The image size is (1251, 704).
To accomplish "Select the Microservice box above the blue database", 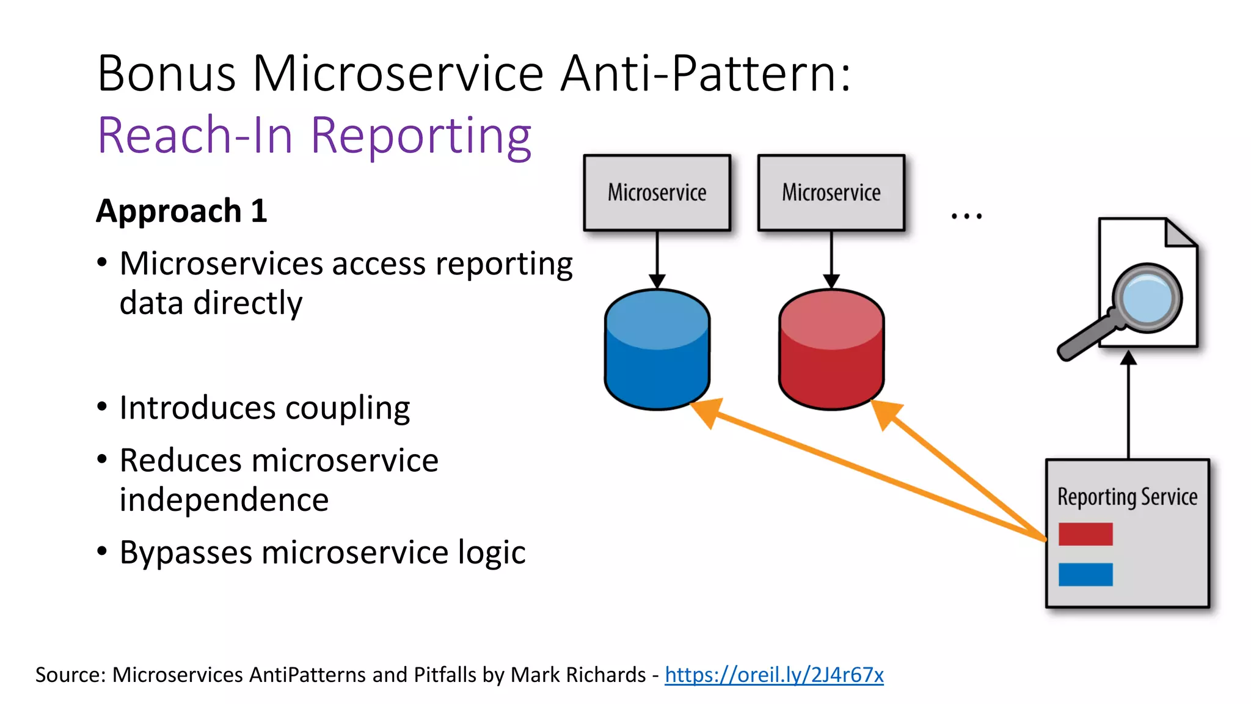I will click(x=657, y=193).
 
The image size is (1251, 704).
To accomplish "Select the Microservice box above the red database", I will click(x=831, y=193).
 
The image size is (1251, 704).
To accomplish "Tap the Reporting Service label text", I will click(x=1127, y=497).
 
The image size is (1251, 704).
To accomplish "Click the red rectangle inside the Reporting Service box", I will click(x=1085, y=534).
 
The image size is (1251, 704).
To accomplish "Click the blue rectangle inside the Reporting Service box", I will click(x=1085, y=574).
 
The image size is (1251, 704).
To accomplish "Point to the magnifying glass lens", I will click(x=1147, y=298).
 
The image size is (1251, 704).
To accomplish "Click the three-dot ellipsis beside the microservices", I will click(x=966, y=216).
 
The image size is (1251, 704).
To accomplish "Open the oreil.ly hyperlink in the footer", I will click(x=774, y=675).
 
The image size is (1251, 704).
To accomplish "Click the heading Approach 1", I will click(x=181, y=211).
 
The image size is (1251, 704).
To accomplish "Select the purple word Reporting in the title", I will click(x=421, y=136).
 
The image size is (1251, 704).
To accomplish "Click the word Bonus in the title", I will click(x=166, y=74).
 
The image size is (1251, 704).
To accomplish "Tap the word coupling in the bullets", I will click(x=347, y=408).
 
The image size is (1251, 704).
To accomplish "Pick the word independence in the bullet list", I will click(x=224, y=500).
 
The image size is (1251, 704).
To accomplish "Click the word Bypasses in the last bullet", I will click(x=186, y=553).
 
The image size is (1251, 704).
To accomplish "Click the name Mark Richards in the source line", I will click(x=578, y=675).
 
